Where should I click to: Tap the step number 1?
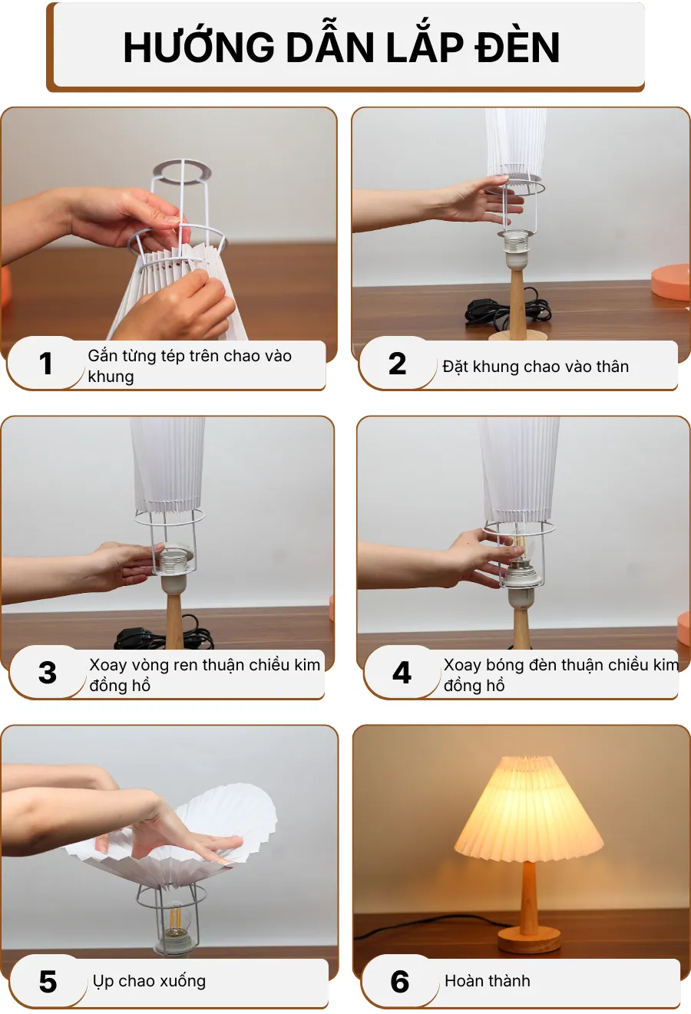point(46,364)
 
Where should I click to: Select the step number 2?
point(397,364)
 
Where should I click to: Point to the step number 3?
point(48,673)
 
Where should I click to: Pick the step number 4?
point(402,673)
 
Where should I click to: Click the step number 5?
point(48,982)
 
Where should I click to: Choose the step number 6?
point(400,982)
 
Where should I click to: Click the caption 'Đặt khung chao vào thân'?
point(535,367)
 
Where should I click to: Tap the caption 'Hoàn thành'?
point(488,981)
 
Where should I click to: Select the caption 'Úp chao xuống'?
point(149,981)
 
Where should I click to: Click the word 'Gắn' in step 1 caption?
point(102,356)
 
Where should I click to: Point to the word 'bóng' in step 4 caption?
point(505,665)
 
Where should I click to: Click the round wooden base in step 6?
point(529,940)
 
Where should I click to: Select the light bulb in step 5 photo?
point(175,920)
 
